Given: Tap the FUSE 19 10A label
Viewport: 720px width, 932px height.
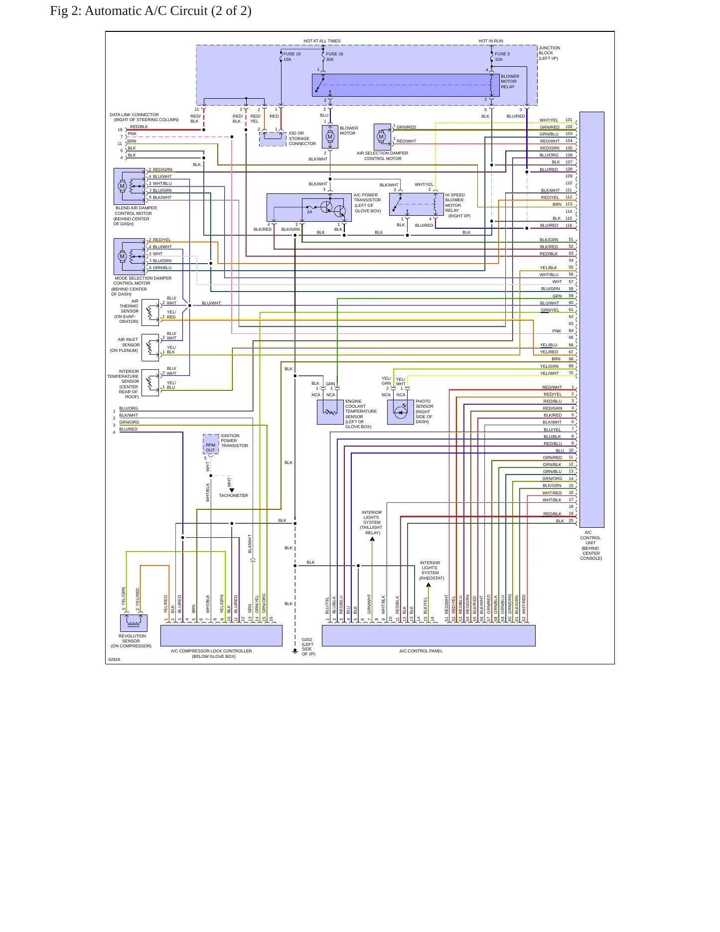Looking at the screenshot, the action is coord(292,57).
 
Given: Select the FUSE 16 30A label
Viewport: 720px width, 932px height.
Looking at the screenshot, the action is coord(334,57).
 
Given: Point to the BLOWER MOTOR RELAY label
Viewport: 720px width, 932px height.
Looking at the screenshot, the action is coord(510,82).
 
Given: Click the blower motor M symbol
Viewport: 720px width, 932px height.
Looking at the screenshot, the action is coord(330,137).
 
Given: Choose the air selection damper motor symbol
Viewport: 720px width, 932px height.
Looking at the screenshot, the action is coord(382,136).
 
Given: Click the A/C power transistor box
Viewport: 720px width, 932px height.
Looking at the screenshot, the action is coord(309,207).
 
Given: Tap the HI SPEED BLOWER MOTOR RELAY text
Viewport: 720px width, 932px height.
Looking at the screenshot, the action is coord(455,205).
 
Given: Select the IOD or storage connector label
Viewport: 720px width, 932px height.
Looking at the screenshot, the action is coord(302,139).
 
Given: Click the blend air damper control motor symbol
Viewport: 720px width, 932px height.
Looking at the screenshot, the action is coord(129,186).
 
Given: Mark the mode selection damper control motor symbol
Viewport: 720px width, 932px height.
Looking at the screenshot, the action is coord(129,257).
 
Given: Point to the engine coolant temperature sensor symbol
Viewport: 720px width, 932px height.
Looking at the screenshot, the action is coord(330,412).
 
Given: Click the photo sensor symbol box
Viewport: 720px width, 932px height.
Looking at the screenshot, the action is coord(401,412).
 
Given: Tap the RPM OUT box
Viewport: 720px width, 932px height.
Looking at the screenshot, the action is coord(211,445).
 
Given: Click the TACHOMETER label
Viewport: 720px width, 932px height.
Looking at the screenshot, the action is coord(233,495).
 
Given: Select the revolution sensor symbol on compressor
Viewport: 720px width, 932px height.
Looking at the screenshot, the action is coord(134,623).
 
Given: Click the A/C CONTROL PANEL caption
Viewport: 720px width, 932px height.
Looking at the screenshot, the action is coord(421,651).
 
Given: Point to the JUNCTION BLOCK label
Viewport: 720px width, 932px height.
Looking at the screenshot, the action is coord(549,53).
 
